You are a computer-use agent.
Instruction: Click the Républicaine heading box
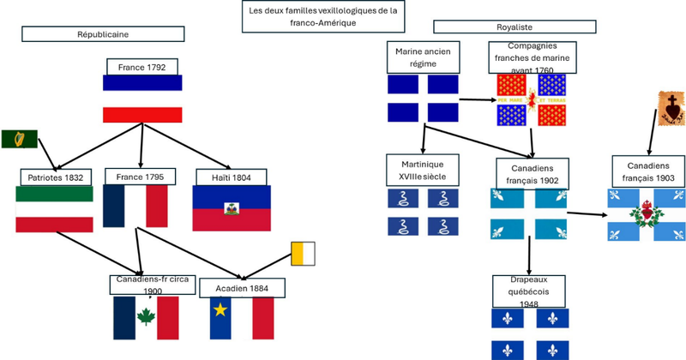click(103, 33)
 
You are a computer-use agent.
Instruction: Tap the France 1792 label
click(142, 67)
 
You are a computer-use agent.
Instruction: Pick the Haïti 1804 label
click(231, 177)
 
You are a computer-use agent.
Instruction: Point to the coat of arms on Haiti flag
click(231, 208)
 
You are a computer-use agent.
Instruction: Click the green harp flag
click(14, 139)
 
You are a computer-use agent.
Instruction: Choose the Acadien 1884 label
click(240, 289)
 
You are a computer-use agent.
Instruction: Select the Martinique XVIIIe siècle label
click(424, 169)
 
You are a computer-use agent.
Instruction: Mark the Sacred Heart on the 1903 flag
click(647, 210)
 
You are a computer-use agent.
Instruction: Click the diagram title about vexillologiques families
click(323, 16)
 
